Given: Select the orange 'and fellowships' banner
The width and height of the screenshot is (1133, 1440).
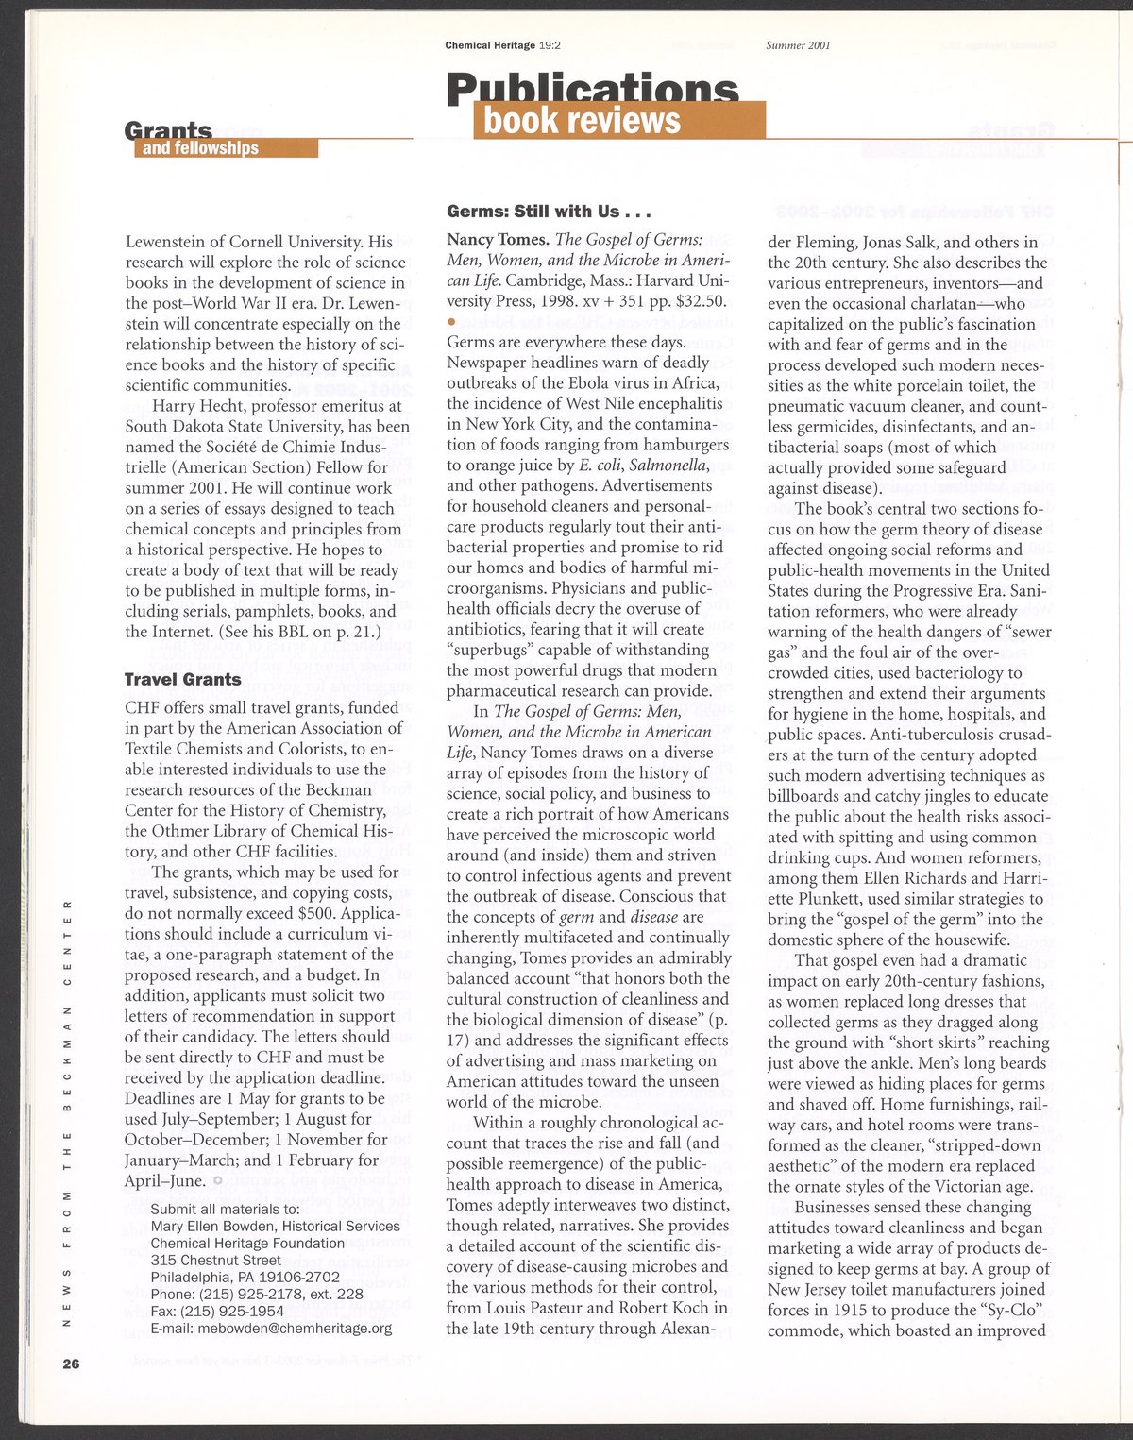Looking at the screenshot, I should click(225, 148).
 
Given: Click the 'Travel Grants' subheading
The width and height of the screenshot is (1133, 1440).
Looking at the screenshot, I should click(183, 679).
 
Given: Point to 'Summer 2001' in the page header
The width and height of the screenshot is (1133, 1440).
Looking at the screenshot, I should click(798, 45).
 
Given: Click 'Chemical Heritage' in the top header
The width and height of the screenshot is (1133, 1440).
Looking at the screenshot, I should click(490, 45).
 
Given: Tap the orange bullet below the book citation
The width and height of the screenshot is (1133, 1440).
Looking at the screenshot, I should click(451, 323).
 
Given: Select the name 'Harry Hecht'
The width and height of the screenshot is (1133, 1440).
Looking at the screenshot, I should click(199, 406).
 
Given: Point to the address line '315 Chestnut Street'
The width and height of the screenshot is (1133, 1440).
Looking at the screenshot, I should click(215, 1260).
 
